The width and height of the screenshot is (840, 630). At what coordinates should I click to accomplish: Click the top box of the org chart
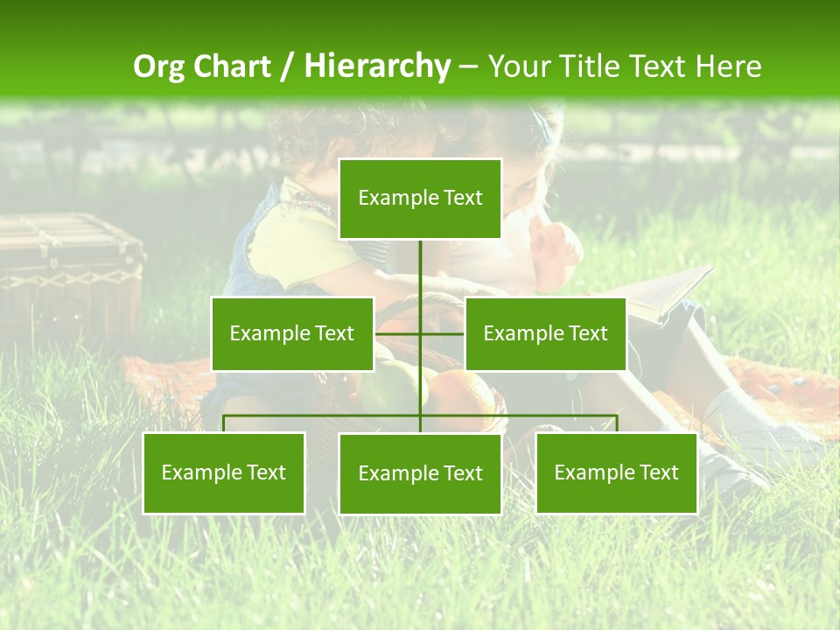[x=420, y=199]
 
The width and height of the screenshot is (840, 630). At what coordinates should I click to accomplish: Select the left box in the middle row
[x=292, y=333]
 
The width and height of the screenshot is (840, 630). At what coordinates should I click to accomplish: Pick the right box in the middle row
[x=545, y=333]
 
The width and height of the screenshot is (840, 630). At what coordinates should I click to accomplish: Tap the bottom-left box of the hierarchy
[x=224, y=472]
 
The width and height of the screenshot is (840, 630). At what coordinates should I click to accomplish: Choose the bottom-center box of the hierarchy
[x=420, y=473]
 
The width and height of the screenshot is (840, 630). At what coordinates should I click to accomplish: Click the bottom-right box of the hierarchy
[x=616, y=472]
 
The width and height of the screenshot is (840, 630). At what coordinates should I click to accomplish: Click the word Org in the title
[x=159, y=66]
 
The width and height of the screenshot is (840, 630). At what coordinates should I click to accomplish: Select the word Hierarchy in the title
[x=377, y=66]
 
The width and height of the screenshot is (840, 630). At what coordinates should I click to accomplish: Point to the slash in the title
[x=289, y=66]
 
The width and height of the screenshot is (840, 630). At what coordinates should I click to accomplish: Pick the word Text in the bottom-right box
[x=659, y=472]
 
